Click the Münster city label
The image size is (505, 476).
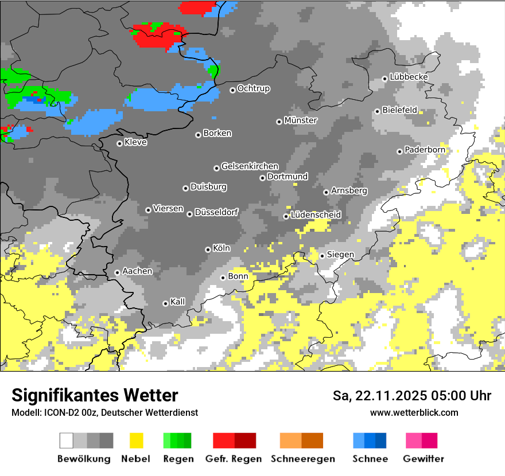pos(301,120)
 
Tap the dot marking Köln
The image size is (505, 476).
pos(208,249)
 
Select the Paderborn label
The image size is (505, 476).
pos(425,150)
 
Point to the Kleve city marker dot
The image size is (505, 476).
pos(119,143)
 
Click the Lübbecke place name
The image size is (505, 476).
pos(409,77)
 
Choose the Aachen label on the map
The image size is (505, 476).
pos(137,271)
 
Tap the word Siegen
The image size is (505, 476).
pos(340,255)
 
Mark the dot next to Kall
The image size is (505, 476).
pos(166,303)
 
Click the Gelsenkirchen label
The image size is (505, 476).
pos(250,166)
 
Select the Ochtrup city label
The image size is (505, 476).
pos(254,89)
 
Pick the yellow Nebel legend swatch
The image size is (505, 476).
pos(136,440)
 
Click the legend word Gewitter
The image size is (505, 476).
pos(424,459)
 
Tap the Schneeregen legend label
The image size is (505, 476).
pos(303,459)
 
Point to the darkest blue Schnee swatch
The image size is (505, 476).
pos(380,440)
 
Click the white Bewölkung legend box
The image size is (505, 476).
pos(67,440)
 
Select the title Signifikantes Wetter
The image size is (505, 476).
pos(95,396)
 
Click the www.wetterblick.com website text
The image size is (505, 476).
pos(414,412)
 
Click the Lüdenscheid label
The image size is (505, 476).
pos(316,214)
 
